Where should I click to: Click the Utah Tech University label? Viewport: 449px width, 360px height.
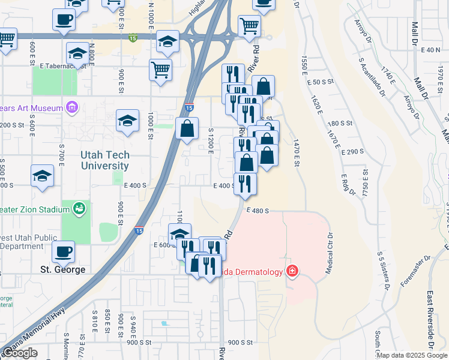(104, 160)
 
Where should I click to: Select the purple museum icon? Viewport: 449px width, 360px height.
(73, 109)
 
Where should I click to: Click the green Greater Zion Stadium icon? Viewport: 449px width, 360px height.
(79, 208)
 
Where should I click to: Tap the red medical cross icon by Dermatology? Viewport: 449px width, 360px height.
(292, 272)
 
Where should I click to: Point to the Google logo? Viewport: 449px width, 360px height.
(20, 353)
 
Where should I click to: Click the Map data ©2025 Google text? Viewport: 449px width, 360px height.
(412, 355)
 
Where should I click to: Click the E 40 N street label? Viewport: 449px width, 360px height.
(431, 50)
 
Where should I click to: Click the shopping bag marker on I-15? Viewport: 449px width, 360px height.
(187, 128)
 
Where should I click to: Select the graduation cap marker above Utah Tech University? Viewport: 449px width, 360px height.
(127, 121)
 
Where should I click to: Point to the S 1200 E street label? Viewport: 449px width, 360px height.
(211, 140)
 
